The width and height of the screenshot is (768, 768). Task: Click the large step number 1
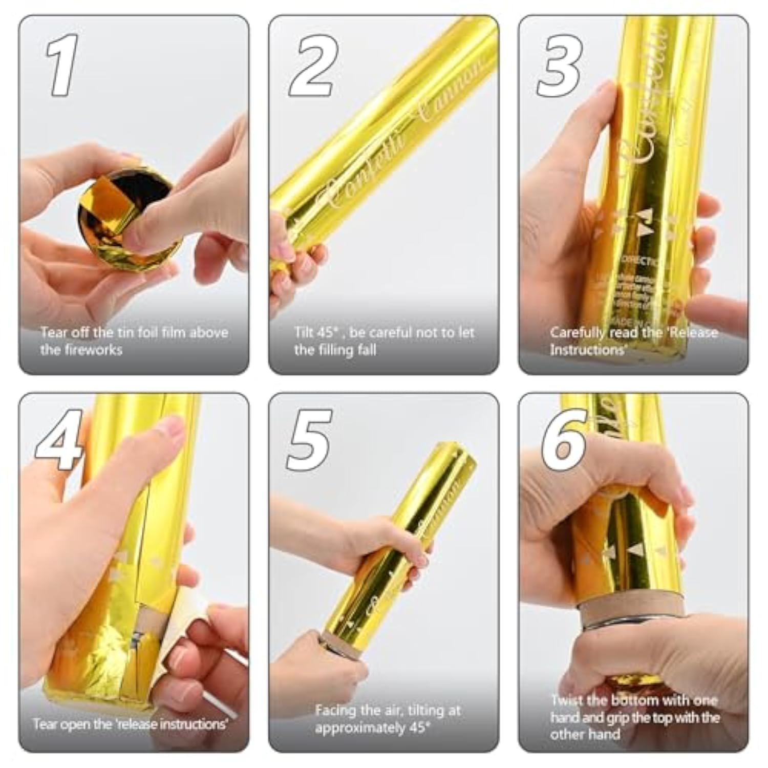click(x=62, y=65)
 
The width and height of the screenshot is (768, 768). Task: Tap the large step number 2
click(x=313, y=65)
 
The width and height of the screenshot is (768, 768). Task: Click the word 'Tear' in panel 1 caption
click(x=53, y=332)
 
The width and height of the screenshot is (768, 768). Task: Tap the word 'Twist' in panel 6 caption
click(x=567, y=700)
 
